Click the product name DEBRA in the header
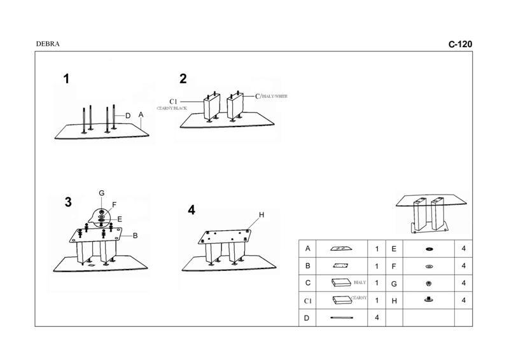(x=48, y=45)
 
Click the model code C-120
(x=460, y=45)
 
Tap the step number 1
(x=66, y=79)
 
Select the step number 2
(x=183, y=79)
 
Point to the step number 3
(x=68, y=202)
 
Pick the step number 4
(x=191, y=211)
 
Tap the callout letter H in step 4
(x=260, y=216)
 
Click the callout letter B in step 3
(x=135, y=235)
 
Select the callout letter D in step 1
(x=128, y=116)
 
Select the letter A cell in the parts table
(x=308, y=249)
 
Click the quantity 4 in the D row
(x=377, y=317)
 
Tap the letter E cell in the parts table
(x=394, y=249)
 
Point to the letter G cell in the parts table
(x=394, y=283)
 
